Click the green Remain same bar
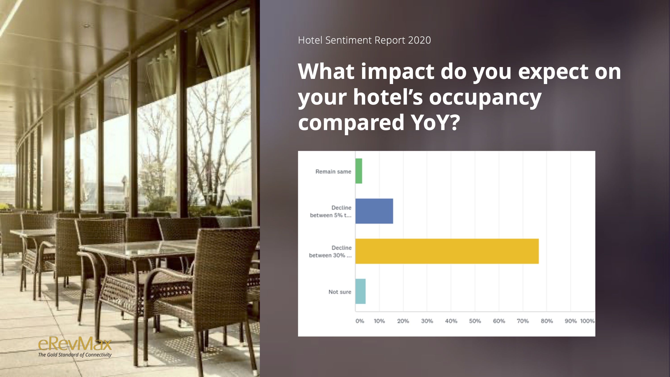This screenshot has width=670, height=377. [x=359, y=171]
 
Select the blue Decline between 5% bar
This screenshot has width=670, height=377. [x=374, y=211]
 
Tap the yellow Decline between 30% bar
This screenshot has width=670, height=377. [x=447, y=251]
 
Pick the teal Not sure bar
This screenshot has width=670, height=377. [x=360, y=291]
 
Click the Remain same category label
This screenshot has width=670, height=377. [x=333, y=171]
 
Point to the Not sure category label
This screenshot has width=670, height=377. [x=340, y=292]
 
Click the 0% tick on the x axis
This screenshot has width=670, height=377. [x=360, y=321]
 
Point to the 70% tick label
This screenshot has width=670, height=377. [x=523, y=321]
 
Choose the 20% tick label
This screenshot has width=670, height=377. [x=403, y=321]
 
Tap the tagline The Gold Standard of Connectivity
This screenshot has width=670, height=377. [x=75, y=355]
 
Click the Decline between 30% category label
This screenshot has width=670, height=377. [x=330, y=252]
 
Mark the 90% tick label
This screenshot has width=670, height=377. [x=570, y=321]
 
